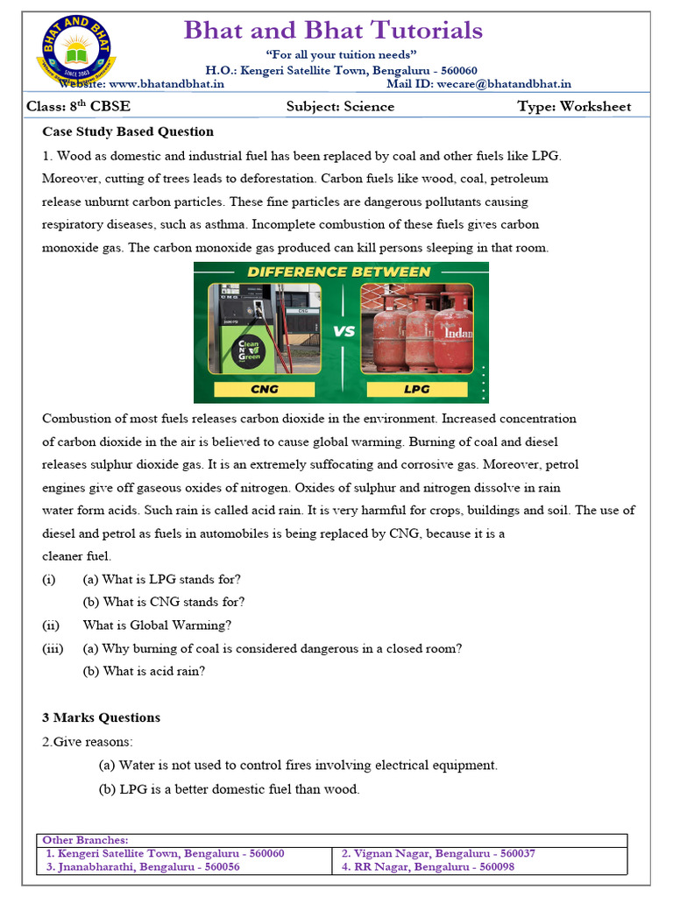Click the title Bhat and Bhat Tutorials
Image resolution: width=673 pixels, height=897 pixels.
(x=333, y=31)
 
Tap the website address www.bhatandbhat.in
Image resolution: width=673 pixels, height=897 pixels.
(x=166, y=84)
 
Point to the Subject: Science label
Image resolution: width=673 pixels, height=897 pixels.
(x=340, y=107)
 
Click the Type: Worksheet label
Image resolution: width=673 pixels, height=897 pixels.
(x=574, y=107)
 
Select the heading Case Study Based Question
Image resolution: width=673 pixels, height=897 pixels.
(x=128, y=131)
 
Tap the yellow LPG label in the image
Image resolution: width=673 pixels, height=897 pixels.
(x=418, y=388)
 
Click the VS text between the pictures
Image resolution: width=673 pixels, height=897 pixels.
(x=344, y=331)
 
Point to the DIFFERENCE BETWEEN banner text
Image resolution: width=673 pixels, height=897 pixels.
(x=339, y=272)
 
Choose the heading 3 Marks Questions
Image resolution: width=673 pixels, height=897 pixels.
(x=101, y=717)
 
